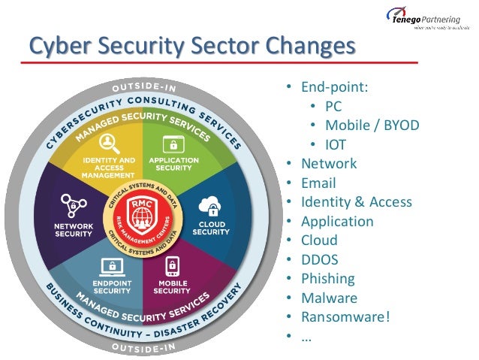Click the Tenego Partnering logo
click(424, 17)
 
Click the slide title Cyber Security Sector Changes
click(191, 46)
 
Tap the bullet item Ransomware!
click(345, 316)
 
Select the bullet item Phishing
click(327, 278)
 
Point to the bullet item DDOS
click(319, 259)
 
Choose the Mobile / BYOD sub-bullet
click(372, 125)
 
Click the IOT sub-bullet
click(336, 144)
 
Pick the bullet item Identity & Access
click(356, 201)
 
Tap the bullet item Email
click(318, 183)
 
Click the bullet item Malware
click(328, 298)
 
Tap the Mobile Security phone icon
click(171, 267)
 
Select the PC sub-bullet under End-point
click(333, 106)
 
